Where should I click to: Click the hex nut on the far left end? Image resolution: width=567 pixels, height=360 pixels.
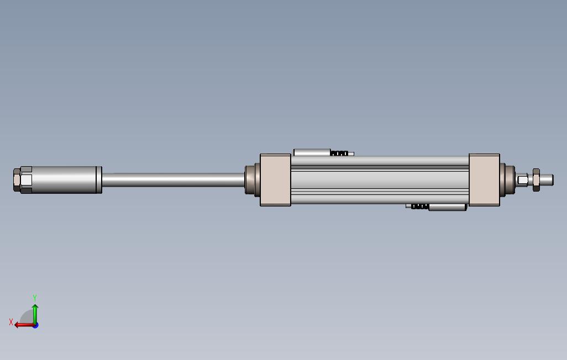tap(22, 180)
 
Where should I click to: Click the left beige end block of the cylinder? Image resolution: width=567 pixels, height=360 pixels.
tap(275, 180)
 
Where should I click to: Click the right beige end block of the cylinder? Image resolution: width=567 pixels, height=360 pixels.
tap(484, 180)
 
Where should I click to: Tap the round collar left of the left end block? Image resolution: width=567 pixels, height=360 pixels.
tap(253, 180)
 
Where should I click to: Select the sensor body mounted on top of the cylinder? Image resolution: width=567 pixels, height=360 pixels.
tap(312, 152)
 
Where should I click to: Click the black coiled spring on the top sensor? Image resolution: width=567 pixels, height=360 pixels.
tap(339, 153)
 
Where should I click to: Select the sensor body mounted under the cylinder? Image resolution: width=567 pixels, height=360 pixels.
tap(447, 207)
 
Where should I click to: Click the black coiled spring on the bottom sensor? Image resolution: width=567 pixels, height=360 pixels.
tap(419, 207)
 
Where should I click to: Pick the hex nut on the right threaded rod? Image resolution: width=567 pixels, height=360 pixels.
tap(536, 180)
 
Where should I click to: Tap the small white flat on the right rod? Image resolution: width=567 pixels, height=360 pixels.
tap(523, 180)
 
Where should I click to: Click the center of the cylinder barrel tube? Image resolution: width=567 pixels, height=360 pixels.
tap(380, 180)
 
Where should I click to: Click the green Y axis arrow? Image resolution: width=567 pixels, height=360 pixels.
tap(35, 313)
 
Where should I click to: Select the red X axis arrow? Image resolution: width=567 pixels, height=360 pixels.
tap(23, 325)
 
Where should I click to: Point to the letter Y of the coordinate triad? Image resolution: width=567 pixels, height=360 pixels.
tap(35, 298)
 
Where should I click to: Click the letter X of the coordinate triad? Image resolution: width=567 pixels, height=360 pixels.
tap(11, 322)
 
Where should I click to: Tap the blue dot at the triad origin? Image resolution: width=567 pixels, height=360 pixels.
tap(35, 325)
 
